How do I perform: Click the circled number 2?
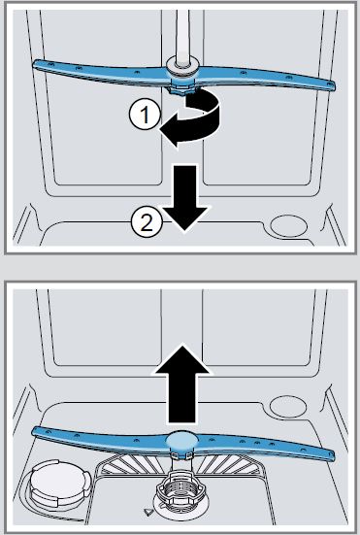point(144,221)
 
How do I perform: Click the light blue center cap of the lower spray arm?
point(181,442)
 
